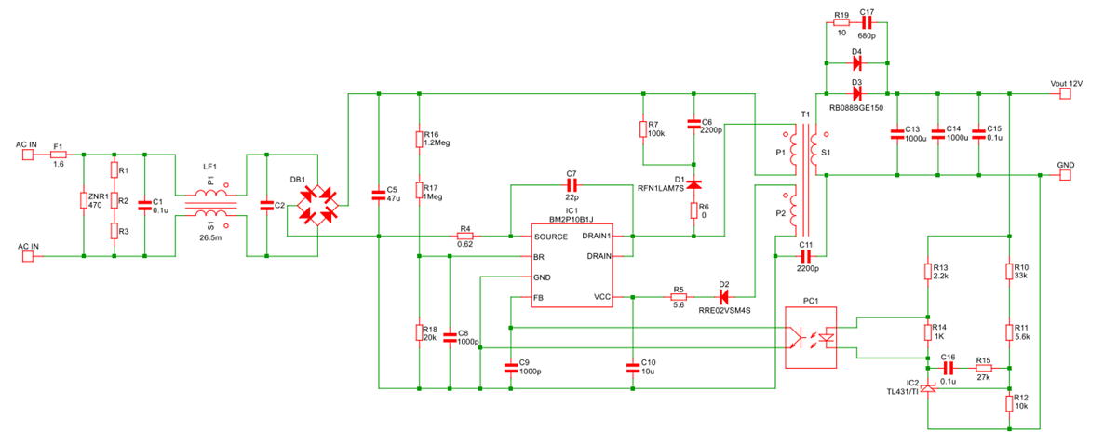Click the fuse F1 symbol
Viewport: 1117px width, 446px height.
59,154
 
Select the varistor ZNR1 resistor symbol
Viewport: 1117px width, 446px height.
84,201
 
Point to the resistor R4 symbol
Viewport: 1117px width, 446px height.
464,237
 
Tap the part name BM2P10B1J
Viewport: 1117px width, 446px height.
571,220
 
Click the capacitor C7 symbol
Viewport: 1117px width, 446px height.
572,185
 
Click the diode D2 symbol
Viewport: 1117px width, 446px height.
723,297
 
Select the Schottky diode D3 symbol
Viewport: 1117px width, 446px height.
856,93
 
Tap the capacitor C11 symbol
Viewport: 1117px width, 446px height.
806,255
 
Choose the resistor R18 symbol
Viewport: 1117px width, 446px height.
420,333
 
